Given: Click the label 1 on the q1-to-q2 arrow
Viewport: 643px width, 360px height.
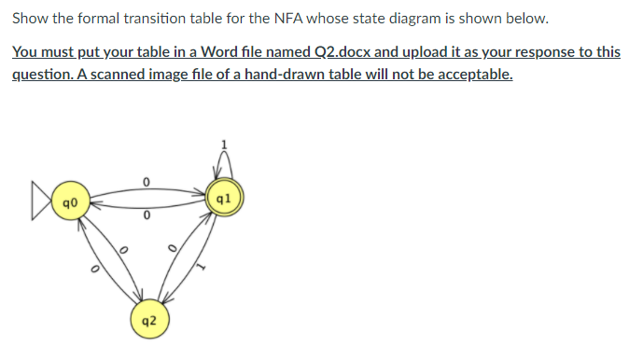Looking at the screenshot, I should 198,270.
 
